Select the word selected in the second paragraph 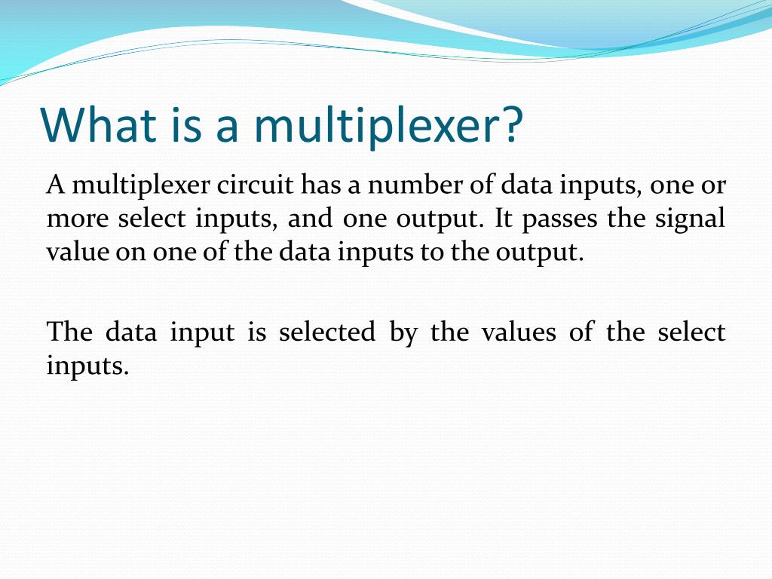[326, 332]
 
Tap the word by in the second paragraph [403, 333]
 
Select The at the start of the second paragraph [69, 332]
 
